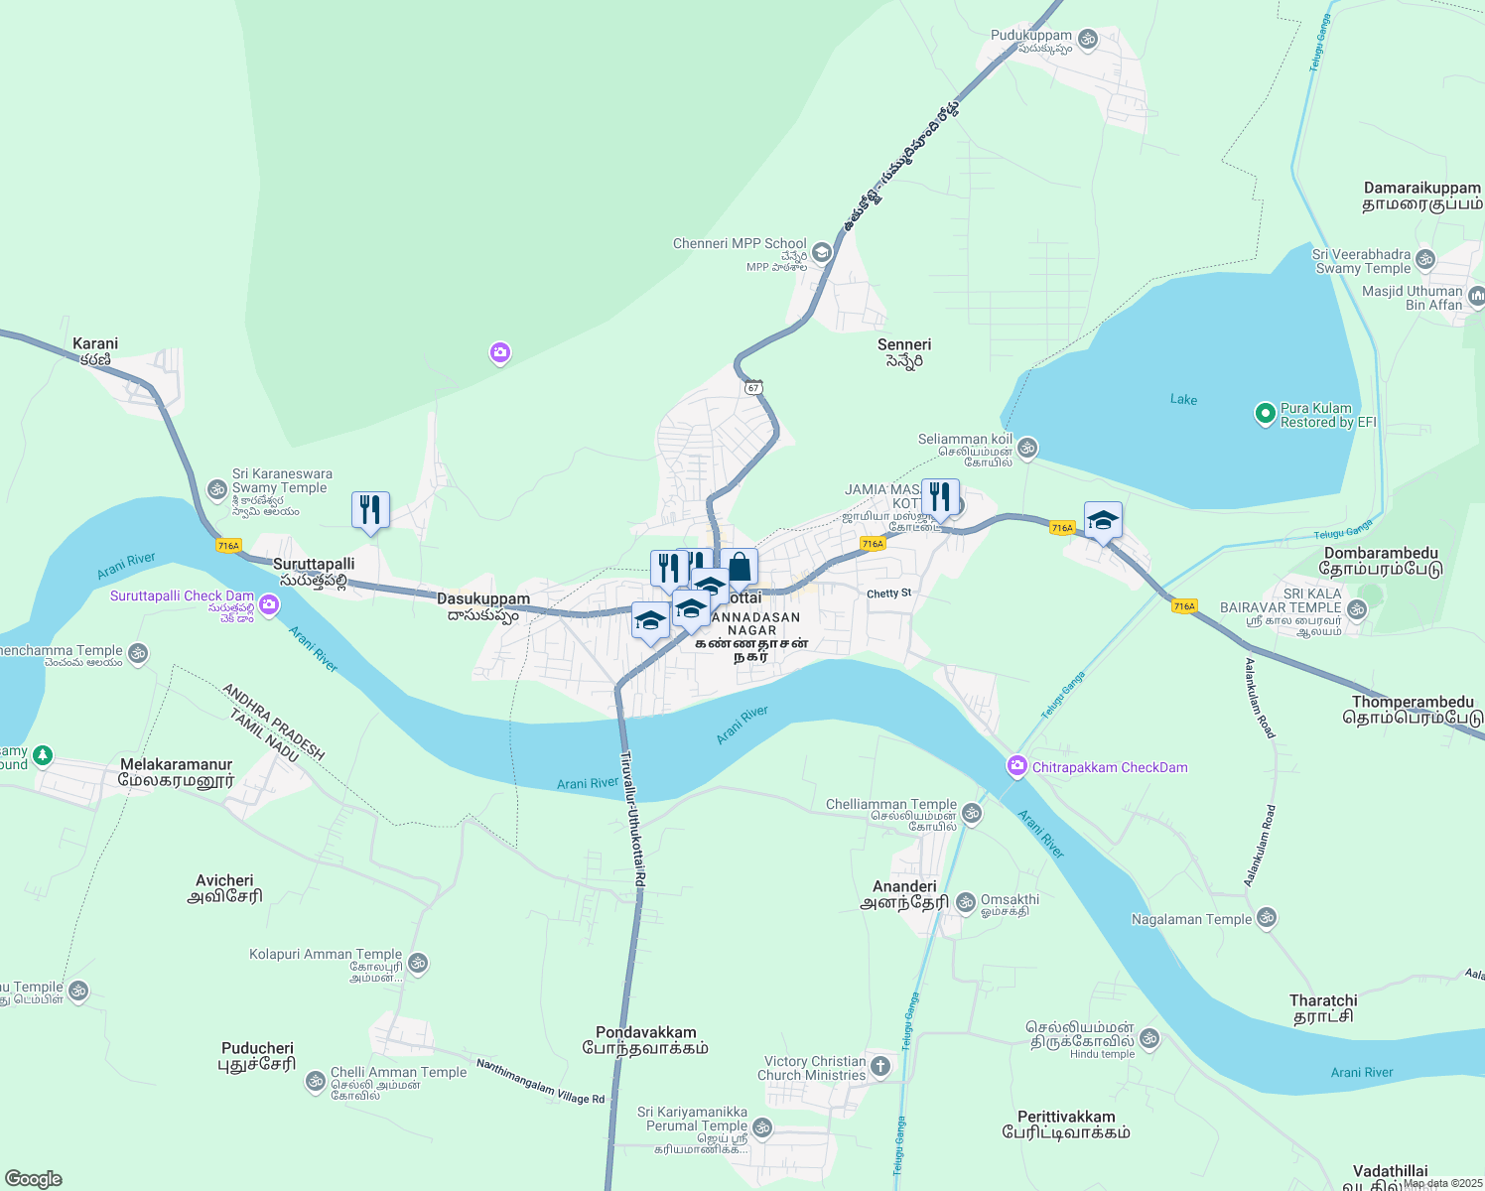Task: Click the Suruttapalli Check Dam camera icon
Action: click(x=269, y=603)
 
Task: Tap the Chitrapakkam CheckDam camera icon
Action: click(x=1016, y=766)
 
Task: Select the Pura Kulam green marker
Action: click(x=1265, y=414)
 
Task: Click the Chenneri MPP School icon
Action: click(x=821, y=252)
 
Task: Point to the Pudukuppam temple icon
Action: click(x=1088, y=39)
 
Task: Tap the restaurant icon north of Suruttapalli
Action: click(x=370, y=510)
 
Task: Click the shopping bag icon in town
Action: click(x=740, y=568)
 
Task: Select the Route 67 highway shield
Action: click(x=754, y=388)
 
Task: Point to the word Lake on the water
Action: click(x=1183, y=399)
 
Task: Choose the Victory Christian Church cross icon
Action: click(x=880, y=1067)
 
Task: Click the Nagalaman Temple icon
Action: click(x=1266, y=918)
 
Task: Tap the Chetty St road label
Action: click(x=888, y=594)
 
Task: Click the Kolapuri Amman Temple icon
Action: click(x=418, y=962)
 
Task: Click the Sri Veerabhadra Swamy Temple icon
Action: click(x=1425, y=260)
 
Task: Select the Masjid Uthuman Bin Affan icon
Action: click(x=1476, y=296)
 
